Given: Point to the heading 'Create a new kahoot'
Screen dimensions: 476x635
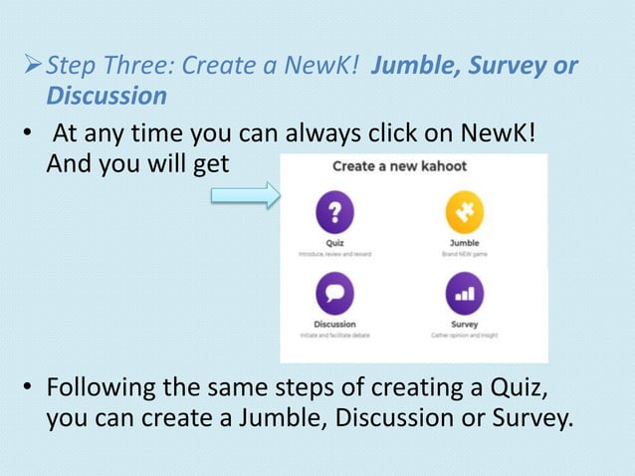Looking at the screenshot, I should point(398,165).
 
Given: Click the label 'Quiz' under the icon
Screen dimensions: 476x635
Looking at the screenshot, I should point(334,243).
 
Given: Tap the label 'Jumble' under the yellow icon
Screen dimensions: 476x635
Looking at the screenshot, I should point(464,243).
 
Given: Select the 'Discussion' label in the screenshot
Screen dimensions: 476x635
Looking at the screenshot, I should point(334,325).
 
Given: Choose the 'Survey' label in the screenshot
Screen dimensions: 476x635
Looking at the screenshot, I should point(464,325).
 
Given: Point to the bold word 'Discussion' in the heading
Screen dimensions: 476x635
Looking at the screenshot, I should point(106,97).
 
